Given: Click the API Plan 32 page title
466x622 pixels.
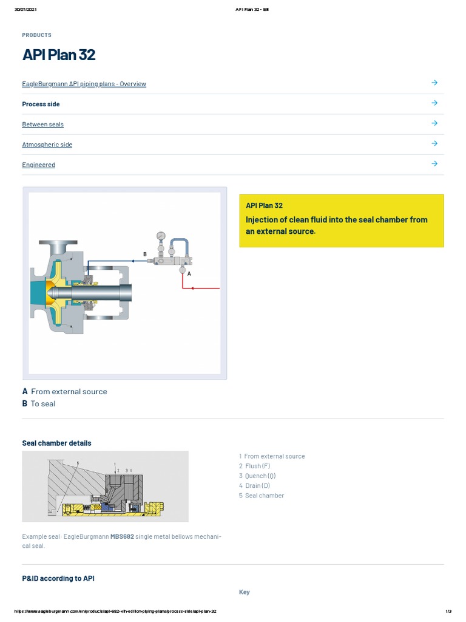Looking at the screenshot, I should pos(59,55).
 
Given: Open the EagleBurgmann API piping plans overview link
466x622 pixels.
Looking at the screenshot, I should pos(84,84).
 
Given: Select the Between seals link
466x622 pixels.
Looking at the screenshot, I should pos(42,125).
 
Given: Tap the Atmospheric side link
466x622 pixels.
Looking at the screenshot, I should pos(47,145).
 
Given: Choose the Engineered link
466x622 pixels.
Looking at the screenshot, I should pos(38,165).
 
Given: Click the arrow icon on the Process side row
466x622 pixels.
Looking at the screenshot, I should pos(434,103).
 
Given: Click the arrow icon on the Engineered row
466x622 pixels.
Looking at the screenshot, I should pos(434,163).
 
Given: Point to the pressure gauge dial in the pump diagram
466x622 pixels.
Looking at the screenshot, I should pos(161,236).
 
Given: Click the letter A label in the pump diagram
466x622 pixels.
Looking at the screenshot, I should pos(189,274).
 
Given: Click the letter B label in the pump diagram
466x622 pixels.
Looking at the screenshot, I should pos(144,254).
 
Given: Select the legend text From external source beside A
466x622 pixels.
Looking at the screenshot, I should pos(69,392).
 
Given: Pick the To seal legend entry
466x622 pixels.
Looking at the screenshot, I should pos(42,404).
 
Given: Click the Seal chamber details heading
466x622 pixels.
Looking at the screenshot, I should pos(56,443).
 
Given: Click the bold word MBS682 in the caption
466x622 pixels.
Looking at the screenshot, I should pos(122,537).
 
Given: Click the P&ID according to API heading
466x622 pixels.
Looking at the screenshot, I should pos(58,579).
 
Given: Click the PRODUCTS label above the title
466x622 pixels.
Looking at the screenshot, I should pos(36,35).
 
